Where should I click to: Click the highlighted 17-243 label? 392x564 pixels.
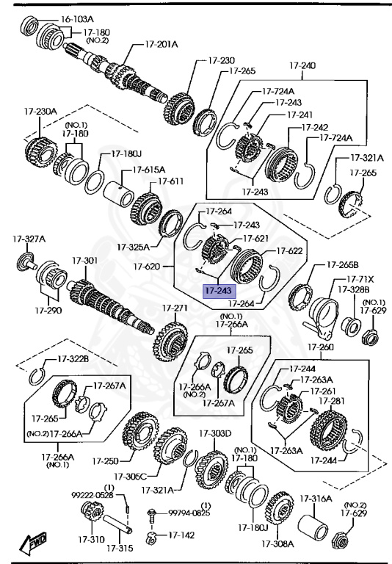click(218, 291)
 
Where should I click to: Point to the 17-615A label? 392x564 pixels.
click(149, 170)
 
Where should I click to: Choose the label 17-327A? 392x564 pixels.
click(29, 239)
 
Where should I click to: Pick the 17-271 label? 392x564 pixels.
click(175, 307)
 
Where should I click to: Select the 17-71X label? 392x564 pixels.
click(360, 280)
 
